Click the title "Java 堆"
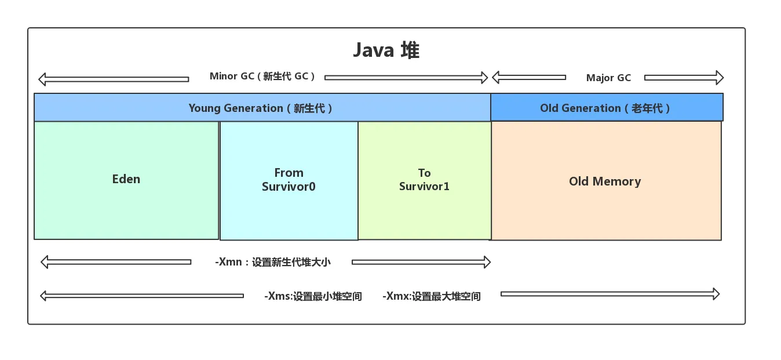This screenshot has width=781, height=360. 386,50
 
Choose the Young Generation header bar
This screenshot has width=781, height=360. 262,108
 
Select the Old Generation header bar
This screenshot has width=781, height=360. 606,108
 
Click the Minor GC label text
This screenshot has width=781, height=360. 262,77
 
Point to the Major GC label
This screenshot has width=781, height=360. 608,78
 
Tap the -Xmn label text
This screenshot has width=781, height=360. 273,262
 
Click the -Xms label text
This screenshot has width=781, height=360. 313,296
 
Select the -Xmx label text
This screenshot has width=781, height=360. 432,296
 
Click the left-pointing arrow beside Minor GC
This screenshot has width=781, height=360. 113,79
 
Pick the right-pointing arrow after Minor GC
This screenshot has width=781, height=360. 406,77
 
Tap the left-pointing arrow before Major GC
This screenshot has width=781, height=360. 528,77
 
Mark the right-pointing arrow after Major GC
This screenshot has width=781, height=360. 684,78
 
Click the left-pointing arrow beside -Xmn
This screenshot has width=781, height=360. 116,262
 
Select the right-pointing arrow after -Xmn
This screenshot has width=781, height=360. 421,262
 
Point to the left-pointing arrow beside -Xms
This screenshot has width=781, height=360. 142,296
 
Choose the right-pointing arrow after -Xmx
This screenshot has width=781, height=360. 610,294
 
